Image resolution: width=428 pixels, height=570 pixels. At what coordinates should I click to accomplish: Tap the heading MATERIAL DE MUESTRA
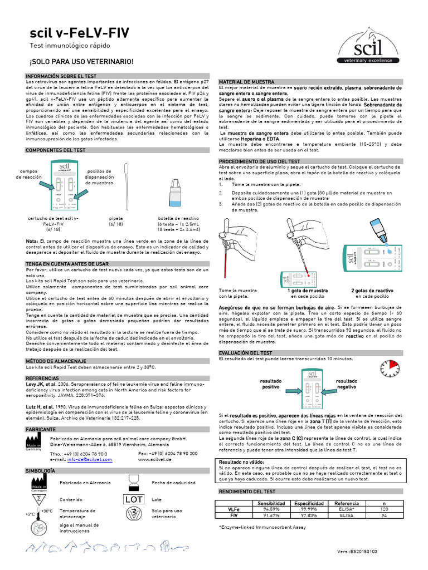tap(247, 81)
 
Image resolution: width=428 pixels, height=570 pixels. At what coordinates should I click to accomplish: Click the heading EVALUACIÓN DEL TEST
tap(246, 353)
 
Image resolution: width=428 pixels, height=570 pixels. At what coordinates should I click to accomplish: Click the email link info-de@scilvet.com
tap(90, 459)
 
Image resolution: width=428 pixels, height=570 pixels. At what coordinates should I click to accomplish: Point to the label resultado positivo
tap(271, 384)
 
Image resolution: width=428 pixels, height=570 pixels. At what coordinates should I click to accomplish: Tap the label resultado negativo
tap(347, 384)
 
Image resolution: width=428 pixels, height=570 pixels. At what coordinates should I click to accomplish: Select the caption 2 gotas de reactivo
tap(372, 291)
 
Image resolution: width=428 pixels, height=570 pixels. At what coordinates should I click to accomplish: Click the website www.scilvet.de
tap(154, 459)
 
